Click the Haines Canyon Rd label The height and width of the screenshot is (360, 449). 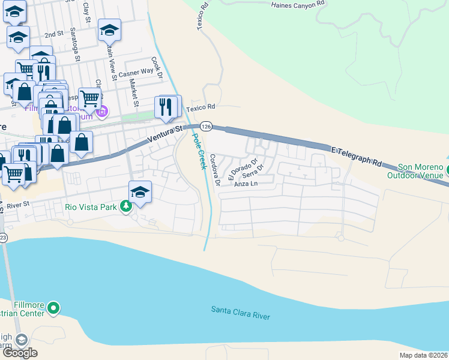click(x=298, y=4)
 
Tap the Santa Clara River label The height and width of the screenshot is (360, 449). click(x=240, y=313)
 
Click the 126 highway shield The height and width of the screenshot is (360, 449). click(x=206, y=127)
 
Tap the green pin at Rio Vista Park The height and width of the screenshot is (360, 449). click(x=125, y=207)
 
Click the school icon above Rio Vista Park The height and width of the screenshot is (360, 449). click(x=140, y=191)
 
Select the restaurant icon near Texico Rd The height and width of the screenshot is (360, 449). click(x=166, y=107)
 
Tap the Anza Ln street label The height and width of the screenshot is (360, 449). click(x=246, y=184)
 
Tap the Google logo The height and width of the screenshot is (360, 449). click(x=19, y=353)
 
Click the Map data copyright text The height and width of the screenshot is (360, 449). click(x=424, y=355)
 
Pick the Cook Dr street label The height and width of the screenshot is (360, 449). click(x=158, y=68)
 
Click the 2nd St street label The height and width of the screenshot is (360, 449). click(x=54, y=35)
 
